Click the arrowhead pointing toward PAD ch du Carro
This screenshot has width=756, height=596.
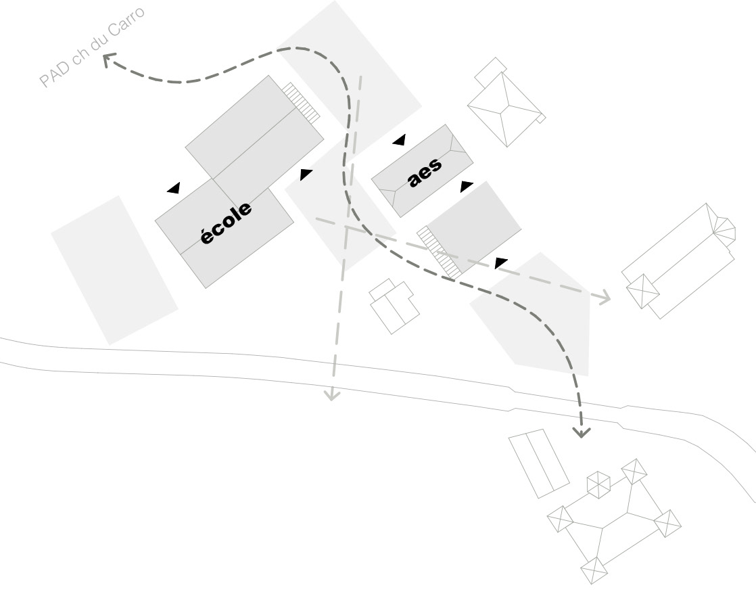(x=109, y=61)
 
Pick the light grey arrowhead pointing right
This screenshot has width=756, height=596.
(x=604, y=296)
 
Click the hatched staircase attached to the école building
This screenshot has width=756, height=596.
(x=301, y=103)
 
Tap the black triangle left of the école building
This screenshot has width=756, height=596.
(x=174, y=188)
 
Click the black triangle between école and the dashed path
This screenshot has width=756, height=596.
(x=306, y=174)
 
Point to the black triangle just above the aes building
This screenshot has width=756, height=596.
(x=399, y=140)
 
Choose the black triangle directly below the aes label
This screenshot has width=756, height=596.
(x=467, y=186)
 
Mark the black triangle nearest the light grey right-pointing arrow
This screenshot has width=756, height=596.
(x=501, y=262)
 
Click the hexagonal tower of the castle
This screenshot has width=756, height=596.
(x=598, y=484)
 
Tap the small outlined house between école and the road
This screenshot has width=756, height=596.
(x=394, y=306)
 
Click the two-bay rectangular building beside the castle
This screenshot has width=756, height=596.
(x=539, y=463)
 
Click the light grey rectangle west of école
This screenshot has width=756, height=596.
(x=114, y=269)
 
